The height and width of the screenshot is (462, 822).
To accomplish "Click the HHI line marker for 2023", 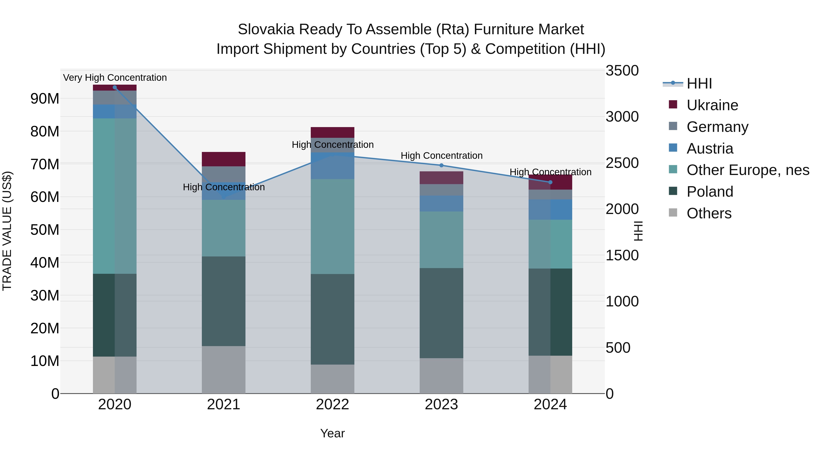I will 441,165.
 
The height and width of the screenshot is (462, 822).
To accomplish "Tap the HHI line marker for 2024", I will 550,182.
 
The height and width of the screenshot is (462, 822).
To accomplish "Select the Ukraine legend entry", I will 712,105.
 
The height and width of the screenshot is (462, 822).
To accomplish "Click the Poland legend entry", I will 710,192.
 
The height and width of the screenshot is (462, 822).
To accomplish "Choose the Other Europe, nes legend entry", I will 748,170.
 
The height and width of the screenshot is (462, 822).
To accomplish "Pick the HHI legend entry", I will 699,84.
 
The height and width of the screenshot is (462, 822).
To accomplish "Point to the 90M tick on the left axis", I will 45,99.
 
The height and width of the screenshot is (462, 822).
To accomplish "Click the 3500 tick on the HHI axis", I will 622,70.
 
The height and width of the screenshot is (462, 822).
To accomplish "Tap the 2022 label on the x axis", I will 332,405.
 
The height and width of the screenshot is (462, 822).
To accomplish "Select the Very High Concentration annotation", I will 115,78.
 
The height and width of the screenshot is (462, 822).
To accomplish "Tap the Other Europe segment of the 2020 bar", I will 115,196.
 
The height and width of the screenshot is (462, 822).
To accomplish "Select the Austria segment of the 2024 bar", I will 550,209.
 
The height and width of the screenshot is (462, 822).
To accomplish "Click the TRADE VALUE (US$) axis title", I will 7,231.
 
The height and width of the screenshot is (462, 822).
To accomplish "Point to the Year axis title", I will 332,433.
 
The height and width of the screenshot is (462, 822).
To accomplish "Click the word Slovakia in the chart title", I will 266,29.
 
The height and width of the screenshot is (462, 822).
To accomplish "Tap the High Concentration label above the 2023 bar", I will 441,156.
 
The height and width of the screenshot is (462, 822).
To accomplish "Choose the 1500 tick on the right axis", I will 622,255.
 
